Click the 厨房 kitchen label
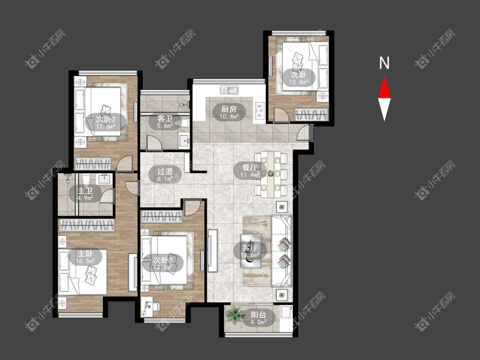coord(229,109)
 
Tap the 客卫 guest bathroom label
coord(165,119)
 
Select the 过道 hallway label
coord(165,171)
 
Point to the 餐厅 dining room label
coord(250,168)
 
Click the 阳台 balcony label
coord(259,315)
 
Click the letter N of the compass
coord(384,63)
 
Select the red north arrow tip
coord(384,78)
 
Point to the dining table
coord(271,174)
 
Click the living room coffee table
coord(251,251)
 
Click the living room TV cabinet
coord(212,250)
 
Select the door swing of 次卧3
coord(192,208)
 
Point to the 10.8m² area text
coord(299,82)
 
